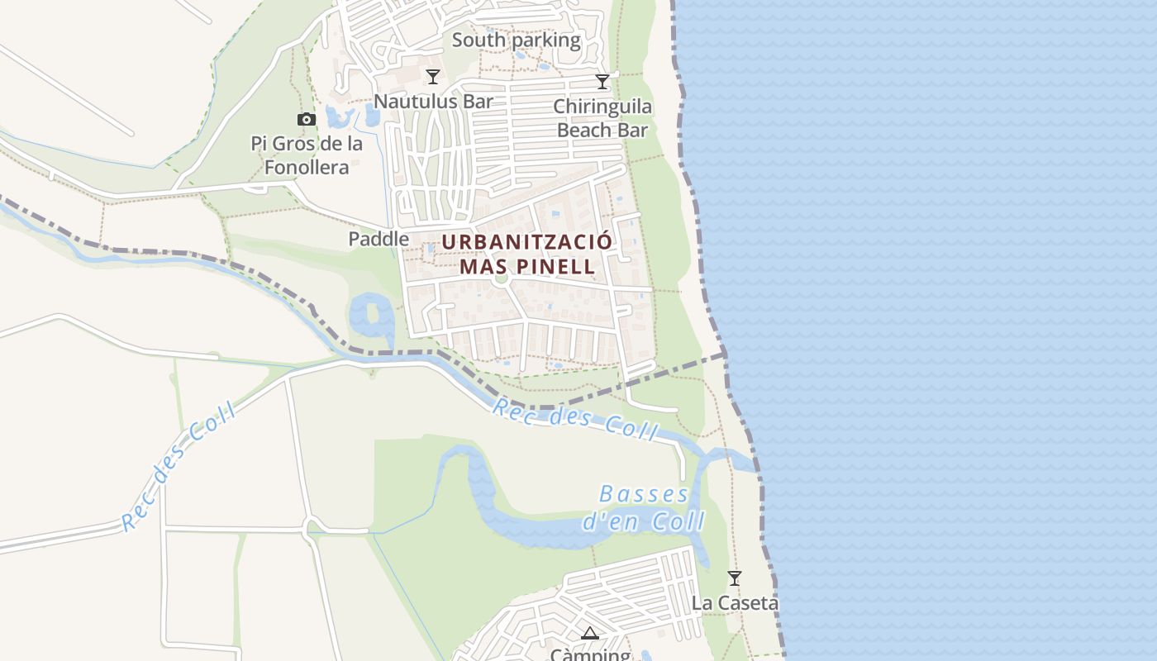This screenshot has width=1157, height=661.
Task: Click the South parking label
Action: (x=517, y=40)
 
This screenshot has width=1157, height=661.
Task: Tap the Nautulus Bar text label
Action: (x=433, y=101)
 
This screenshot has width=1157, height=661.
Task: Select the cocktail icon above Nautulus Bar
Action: (x=432, y=77)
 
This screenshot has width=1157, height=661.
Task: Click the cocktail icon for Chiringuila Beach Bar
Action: (x=602, y=81)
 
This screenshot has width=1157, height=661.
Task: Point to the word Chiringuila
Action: (x=602, y=107)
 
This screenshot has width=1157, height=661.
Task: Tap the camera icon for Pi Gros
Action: (x=307, y=119)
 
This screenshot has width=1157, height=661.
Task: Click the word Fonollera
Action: (x=306, y=167)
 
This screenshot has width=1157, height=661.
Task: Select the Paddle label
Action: (x=379, y=239)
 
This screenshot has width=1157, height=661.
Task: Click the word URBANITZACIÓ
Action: (x=527, y=242)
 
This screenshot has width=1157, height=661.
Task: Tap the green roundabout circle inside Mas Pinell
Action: (x=499, y=278)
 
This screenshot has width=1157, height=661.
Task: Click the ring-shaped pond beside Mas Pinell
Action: (x=370, y=315)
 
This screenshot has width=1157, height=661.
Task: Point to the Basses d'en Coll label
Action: (x=644, y=507)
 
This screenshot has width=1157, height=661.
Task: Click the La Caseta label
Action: (x=735, y=602)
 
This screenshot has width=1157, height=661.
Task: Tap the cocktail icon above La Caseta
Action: (x=734, y=578)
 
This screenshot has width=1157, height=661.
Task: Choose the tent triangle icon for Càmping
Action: (x=589, y=634)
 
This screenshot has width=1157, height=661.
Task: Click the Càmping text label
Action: (x=590, y=654)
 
